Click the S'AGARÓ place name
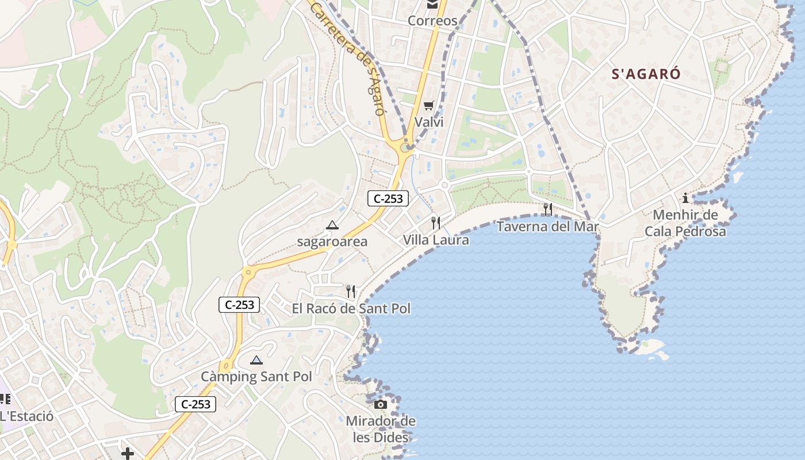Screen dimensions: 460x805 [x=646, y=74]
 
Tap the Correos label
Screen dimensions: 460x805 [x=432, y=21]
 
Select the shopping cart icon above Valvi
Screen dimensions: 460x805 [x=428, y=105]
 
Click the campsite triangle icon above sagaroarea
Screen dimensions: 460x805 [x=332, y=225]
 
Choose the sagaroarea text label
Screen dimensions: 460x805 [x=332, y=241]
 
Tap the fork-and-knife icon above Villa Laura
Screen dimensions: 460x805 [x=436, y=223]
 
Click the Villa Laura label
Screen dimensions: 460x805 [x=436, y=240]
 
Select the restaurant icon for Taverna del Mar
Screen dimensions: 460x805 [x=548, y=209]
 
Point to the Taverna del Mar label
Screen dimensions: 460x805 [x=547, y=227]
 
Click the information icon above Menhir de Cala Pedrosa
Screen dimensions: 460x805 [x=685, y=198]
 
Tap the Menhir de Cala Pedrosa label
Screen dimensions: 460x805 [x=685, y=224]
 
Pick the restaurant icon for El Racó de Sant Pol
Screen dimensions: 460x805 [x=351, y=292]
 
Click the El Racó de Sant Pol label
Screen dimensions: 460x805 [x=351, y=309]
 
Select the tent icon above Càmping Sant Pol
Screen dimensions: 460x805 [x=256, y=361]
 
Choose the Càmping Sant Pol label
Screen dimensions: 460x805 [x=256, y=377]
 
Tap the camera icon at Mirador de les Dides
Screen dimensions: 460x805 [x=381, y=405]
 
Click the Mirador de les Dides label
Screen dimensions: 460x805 [x=381, y=430]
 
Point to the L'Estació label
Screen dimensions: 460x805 [x=26, y=416]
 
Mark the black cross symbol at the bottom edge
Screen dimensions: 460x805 [x=128, y=454]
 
